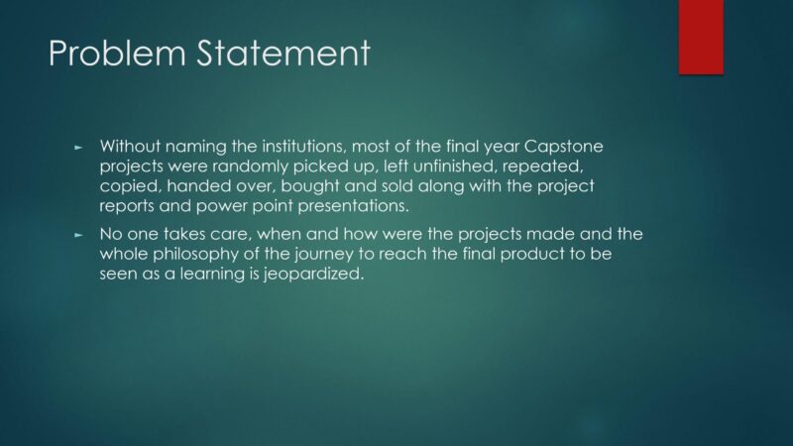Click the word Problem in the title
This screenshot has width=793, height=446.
[x=117, y=54]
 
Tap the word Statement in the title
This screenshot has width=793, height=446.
[x=283, y=54]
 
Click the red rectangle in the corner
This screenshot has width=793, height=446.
[x=701, y=37]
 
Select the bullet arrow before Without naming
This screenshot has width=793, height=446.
[x=78, y=148]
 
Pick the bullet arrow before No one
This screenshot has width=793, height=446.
[x=78, y=235]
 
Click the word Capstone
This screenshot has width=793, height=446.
[x=563, y=147]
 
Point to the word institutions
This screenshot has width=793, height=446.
[x=303, y=147]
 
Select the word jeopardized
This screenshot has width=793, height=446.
[x=313, y=275]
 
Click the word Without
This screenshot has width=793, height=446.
[x=130, y=147]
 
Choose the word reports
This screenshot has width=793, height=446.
[x=127, y=207]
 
